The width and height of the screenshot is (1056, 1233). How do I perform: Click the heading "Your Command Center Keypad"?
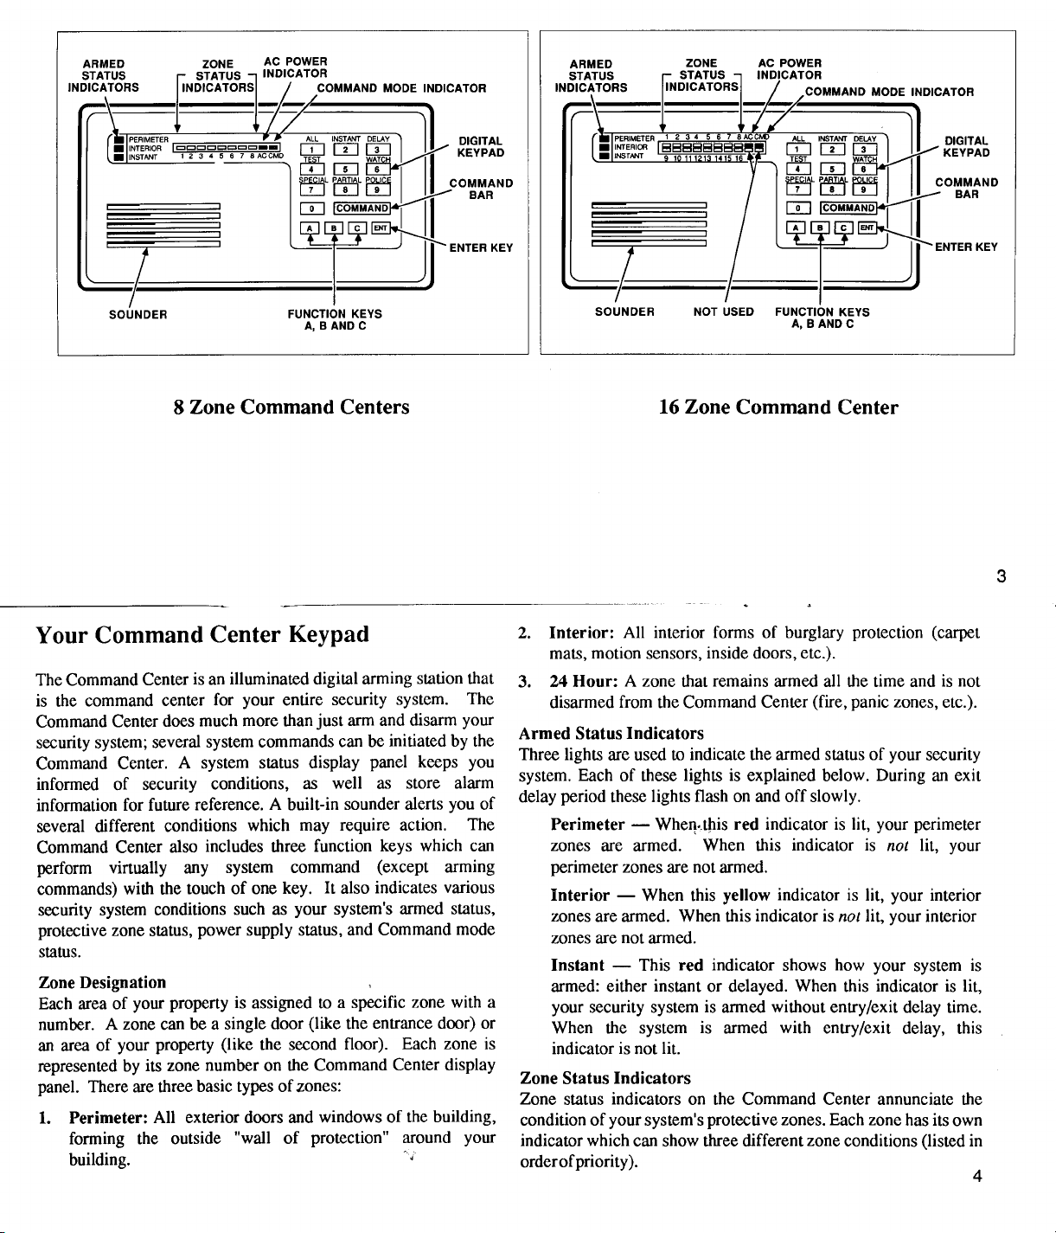(202, 634)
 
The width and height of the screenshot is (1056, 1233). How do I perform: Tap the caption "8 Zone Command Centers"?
(291, 407)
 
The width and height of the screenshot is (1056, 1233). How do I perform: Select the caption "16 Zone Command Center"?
(778, 407)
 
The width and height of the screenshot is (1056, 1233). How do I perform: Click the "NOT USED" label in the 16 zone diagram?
(724, 311)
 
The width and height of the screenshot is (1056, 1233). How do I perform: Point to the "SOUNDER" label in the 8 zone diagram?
(138, 314)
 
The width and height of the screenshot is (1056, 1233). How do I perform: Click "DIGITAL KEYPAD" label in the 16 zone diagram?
(966, 146)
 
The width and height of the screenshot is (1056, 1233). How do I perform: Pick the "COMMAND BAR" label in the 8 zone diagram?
(481, 189)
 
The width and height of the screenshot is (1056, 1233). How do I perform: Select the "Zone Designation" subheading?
(103, 982)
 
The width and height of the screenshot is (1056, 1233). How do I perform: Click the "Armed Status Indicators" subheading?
(611, 734)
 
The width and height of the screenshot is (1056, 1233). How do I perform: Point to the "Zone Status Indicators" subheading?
(605, 1078)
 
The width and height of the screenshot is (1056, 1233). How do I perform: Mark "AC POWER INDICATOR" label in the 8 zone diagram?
(295, 67)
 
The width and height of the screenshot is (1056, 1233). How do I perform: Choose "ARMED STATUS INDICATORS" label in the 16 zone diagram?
(592, 75)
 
